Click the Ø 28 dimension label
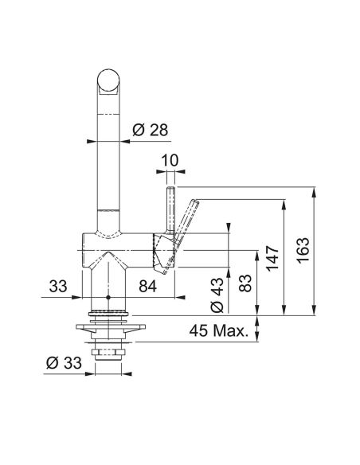[150, 130]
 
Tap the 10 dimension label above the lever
[170, 160]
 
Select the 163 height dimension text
[303, 250]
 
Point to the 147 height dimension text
[272, 258]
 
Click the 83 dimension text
[245, 283]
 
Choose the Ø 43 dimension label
[217, 295]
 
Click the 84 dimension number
[147, 287]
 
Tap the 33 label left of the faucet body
[58, 287]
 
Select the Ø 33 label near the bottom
[64, 363]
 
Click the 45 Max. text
[218, 330]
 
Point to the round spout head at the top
[108, 80]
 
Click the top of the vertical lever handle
[170, 188]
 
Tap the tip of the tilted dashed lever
[196, 201]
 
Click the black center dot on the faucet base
[108, 297]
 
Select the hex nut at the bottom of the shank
[108, 352]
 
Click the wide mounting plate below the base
[111, 326]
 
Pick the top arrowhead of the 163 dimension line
[315, 191]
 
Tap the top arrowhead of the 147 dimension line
[284, 204]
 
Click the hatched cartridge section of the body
[162, 253]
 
